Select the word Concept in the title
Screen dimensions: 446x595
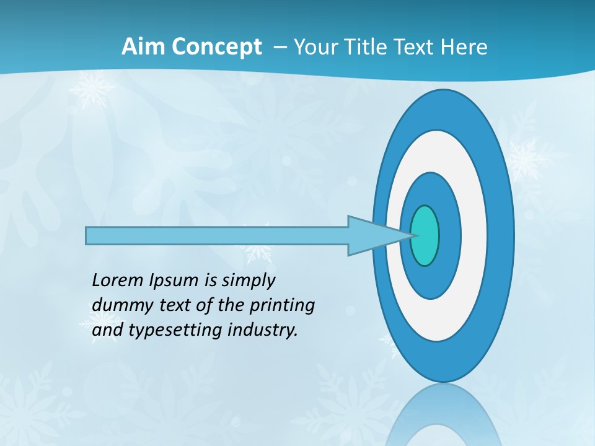[x=216, y=47]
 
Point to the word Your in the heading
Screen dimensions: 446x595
[x=314, y=47]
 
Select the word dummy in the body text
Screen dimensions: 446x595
[x=118, y=305]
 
